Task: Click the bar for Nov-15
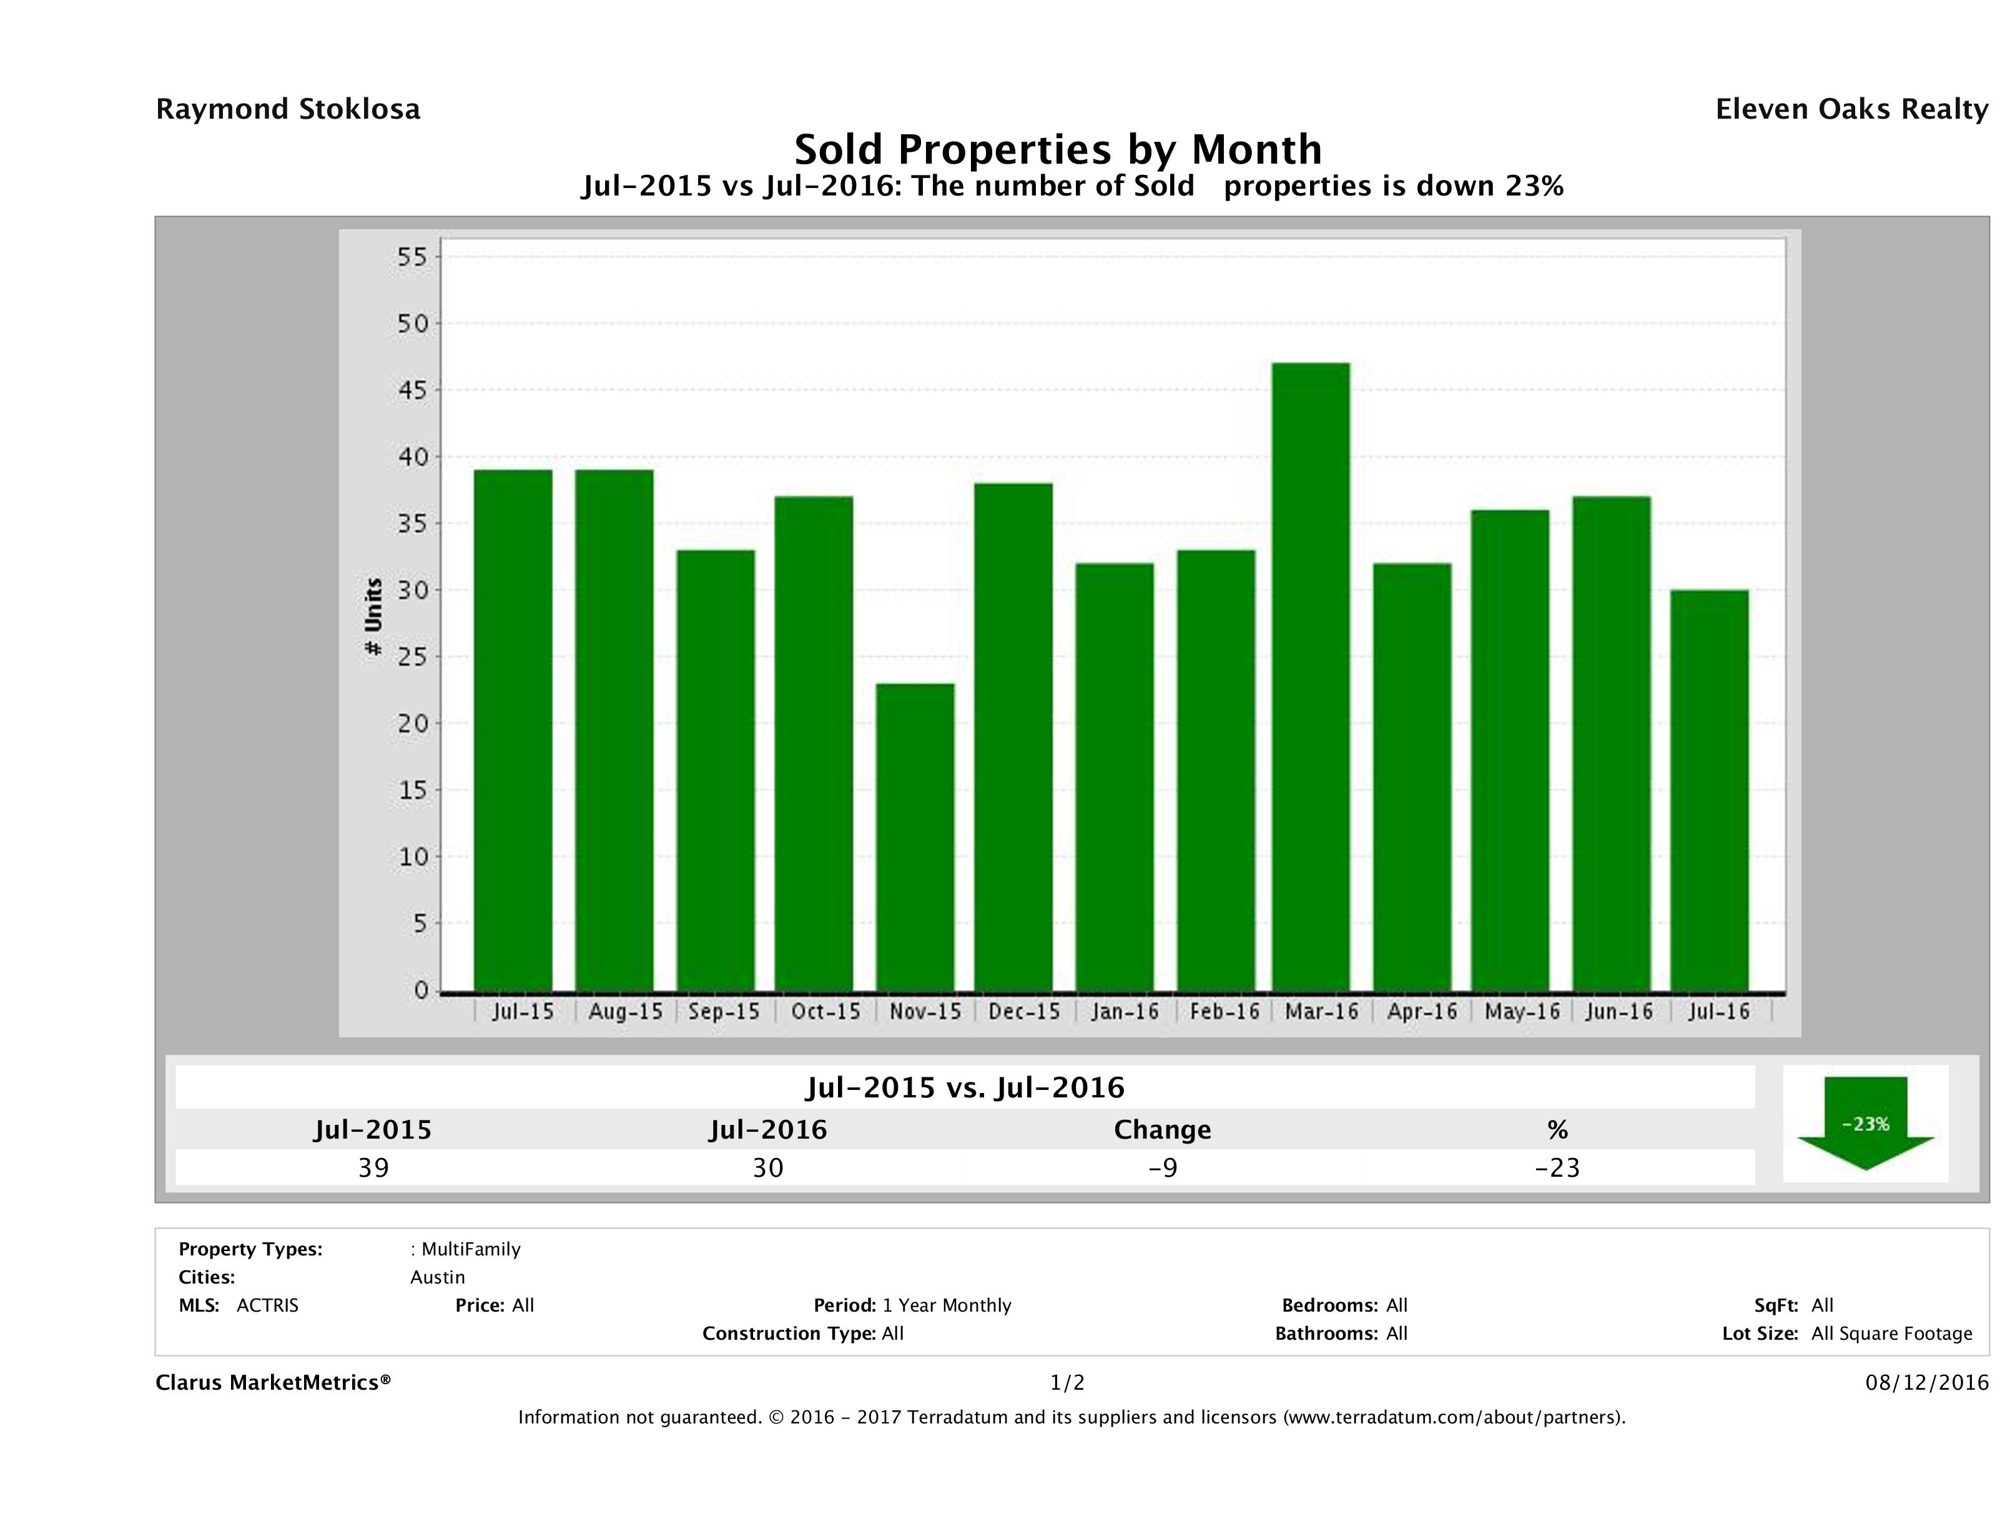(x=915, y=836)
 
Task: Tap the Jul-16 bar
(x=1709, y=790)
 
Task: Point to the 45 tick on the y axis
(x=411, y=390)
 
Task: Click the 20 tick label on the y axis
(x=411, y=723)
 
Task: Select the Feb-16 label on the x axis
(x=1225, y=1011)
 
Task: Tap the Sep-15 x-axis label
(x=724, y=1011)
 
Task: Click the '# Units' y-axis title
(x=373, y=617)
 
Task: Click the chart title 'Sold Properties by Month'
(x=1058, y=149)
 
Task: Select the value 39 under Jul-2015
(x=373, y=1167)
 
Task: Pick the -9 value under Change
(x=1163, y=1167)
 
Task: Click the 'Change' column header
(x=1163, y=1130)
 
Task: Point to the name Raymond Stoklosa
(x=288, y=109)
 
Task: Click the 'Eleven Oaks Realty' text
(x=1851, y=109)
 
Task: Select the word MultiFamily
(x=471, y=1249)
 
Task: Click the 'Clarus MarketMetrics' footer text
(x=273, y=1382)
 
